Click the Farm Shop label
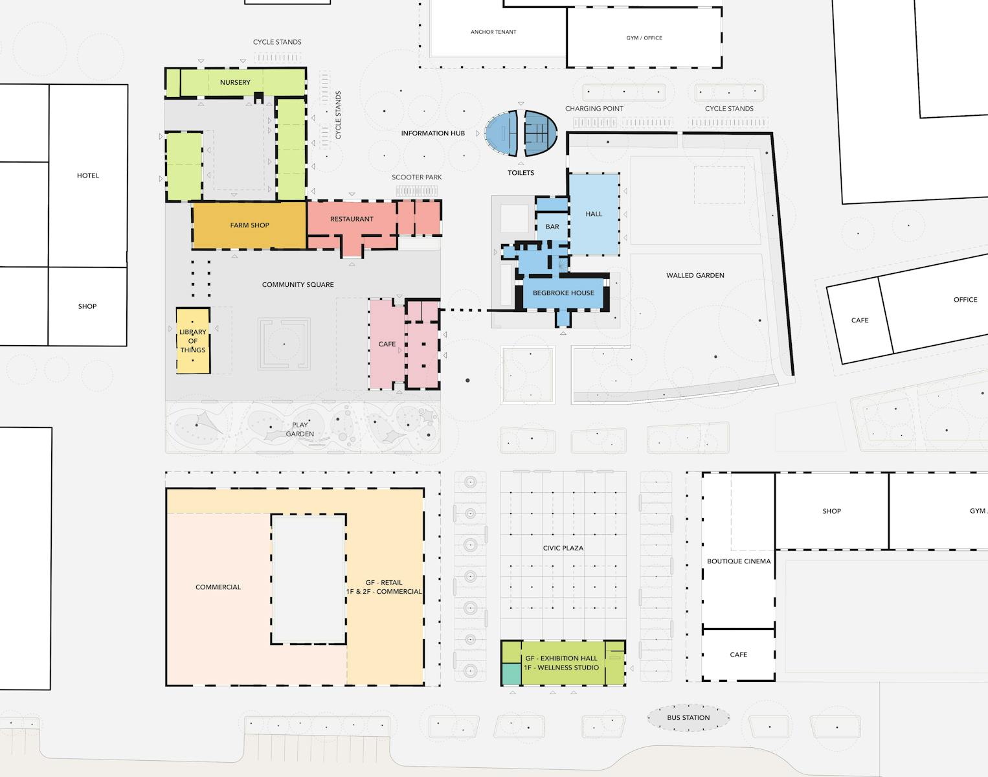[249, 225]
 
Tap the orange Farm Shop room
[249, 225]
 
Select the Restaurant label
[352, 219]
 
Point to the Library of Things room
[194, 341]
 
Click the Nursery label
[235, 82]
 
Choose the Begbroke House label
[563, 293]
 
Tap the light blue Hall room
[594, 214]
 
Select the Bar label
[552, 227]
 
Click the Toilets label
[521, 173]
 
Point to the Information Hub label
[433, 133]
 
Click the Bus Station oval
[688, 717]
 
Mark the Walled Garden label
[695, 276]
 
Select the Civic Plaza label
[563, 548]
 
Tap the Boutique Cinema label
[739, 561]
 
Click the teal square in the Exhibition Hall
[511, 674]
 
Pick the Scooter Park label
[416, 177]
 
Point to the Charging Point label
[594, 109]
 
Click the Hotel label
[87, 175]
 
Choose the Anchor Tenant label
[493, 32]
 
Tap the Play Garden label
[300, 429]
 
